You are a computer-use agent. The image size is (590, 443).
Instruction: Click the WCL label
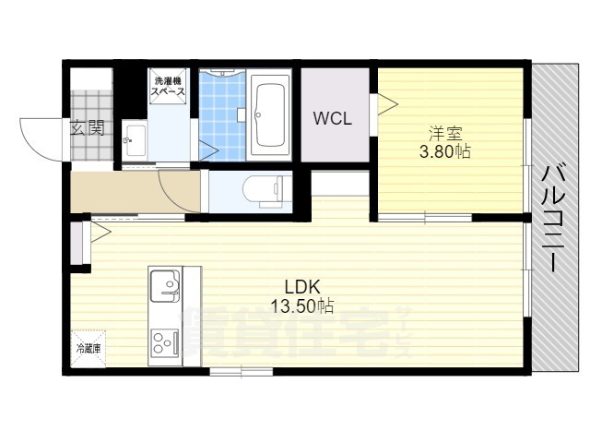333,119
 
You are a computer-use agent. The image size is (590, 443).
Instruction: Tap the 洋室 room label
445,133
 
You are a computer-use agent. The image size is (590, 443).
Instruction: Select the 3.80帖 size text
444,151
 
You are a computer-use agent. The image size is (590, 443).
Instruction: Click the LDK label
302,287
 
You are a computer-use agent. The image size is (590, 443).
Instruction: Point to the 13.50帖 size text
302,305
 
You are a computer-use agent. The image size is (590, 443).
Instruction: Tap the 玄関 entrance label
88,128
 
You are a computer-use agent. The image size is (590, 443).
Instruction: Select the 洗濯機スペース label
168,86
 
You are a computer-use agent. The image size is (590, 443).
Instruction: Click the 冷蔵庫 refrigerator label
88,349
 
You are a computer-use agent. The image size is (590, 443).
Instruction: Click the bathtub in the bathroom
269,114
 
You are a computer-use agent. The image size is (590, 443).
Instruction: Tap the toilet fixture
263,190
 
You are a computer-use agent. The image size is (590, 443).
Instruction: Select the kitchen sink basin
165,285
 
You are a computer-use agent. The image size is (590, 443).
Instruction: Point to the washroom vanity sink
136,140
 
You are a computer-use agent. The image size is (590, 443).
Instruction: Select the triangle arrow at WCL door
388,104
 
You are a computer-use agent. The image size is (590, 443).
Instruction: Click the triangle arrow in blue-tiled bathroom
208,150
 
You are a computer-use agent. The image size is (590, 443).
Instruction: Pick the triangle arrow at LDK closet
100,233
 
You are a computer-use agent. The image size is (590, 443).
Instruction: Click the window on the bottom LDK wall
242,371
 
